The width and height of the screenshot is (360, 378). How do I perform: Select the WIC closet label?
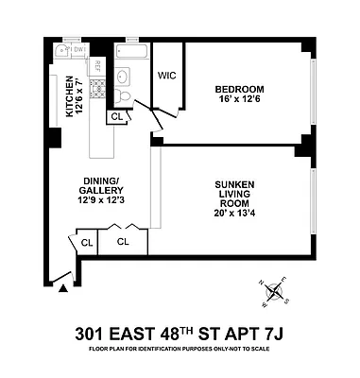(167, 75)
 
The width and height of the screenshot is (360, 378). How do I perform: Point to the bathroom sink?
(124, 78)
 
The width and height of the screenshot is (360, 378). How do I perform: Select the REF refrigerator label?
(96, 67)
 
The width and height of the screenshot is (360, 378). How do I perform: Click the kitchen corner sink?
(58, 51)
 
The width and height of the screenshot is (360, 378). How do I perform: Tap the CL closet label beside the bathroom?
(117, 116)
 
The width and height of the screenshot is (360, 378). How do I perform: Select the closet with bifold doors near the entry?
(124, 241)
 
